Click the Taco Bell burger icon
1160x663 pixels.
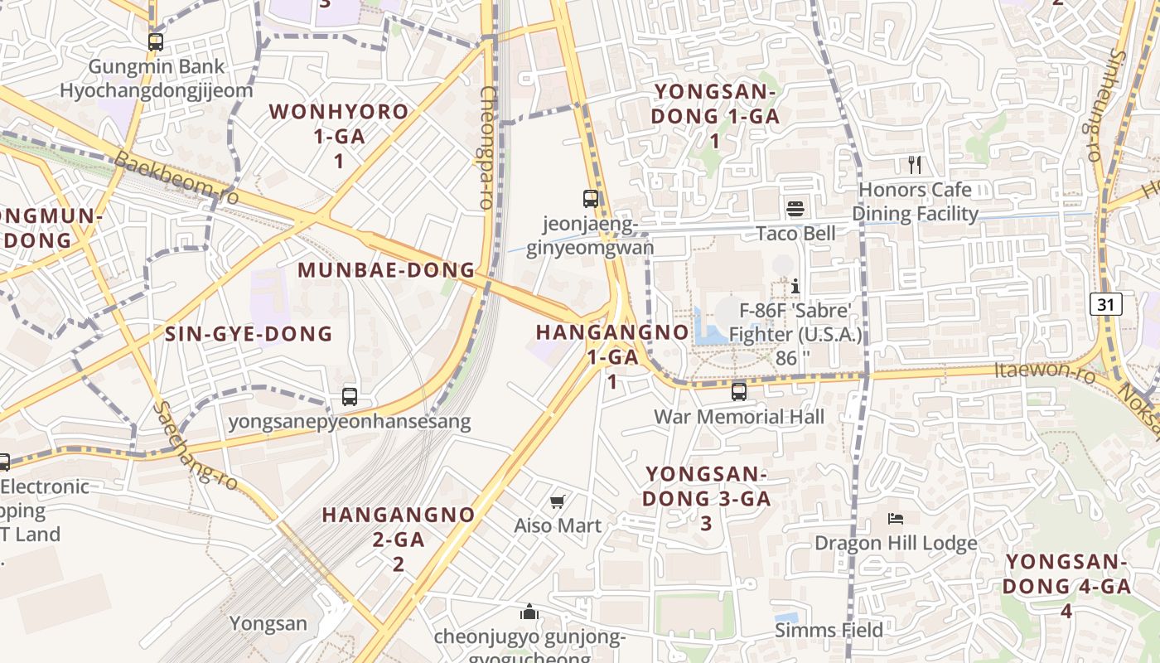coord(795,208)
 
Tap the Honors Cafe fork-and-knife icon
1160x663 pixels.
coord(915,164)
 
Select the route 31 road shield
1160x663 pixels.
coord(1105,304)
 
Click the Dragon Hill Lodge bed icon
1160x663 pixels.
coord(895,519)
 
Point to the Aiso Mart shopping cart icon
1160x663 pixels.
coord(558,501)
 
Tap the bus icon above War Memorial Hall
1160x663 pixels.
coord(738,391)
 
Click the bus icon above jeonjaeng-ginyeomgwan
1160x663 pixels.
coord(590,199)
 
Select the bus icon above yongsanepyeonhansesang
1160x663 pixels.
coord(350,397)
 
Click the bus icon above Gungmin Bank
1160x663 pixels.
coord(156,41)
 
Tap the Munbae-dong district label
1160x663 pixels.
coord(386,270)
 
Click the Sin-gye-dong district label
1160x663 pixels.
coord(249,334)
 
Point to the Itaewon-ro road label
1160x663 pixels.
coord(1045,372)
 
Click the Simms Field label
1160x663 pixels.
coord(829,631)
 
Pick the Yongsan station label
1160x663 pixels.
coord(268,623)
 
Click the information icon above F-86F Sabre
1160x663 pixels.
coord(795,286)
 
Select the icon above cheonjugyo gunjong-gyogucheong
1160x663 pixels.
coord(529,612)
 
